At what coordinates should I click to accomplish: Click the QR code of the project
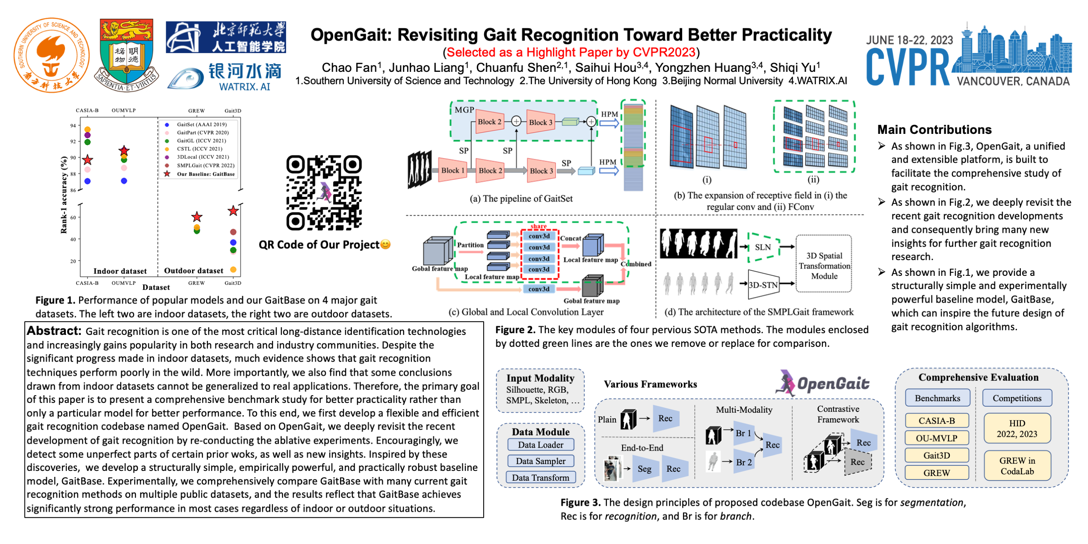(324, 193)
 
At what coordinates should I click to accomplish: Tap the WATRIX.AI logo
(225, 77)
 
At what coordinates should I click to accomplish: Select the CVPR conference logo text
(907, 67)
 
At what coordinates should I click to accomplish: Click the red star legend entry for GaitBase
(167, 174)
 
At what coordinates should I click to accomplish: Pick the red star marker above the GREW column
(197, 217)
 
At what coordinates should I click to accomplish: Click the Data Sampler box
(540, 461)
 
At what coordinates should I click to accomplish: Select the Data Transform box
(540, 478)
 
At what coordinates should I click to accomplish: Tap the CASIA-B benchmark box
(936, 421)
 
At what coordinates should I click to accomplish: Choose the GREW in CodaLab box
(1017, 466)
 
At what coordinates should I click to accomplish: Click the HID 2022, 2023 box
(1017, 428)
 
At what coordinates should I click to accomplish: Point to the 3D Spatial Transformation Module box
(824, 266)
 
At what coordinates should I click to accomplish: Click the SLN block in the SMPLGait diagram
(763, 247)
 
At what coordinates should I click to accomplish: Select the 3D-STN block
(763, 284)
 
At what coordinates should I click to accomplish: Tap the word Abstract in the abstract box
(54, 331)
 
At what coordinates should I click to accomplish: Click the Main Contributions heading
(934, 130)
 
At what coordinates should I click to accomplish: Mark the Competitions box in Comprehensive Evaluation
(1017, 398)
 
